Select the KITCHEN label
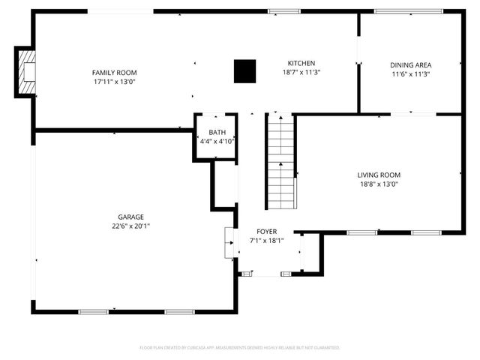(x=301, y=64)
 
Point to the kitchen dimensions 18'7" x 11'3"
(x=301, y=73)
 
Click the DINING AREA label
(x=410, y=65)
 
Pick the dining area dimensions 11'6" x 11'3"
(x=410, y=74)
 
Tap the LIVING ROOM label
(x=378, y=175)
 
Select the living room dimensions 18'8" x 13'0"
(x=378, y=184)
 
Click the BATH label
(x=217, y=132)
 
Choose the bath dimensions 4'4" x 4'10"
(x=217, y=141)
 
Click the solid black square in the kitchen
(x=244, y=71)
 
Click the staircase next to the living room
(x=280, y=161)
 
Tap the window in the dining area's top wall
(x=397, y=11)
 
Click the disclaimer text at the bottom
(x=240, y=348)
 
